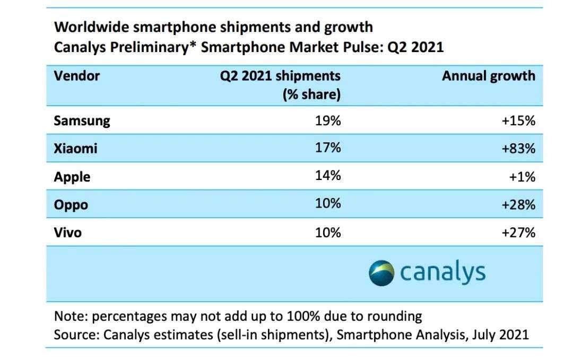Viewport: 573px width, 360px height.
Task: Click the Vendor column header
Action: point(77,76)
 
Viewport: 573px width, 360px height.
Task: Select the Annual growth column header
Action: point(489,76)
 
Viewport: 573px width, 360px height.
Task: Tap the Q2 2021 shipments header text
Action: point(280,76)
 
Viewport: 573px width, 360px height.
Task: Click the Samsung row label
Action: point(82,121)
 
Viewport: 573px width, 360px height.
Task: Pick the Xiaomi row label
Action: point(76,149)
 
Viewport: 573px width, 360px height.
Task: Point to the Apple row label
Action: point(72,177)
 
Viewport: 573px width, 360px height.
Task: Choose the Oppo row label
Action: point(71,204)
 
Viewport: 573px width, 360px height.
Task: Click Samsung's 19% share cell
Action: point(328,121)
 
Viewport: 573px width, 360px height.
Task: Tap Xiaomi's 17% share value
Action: point(328,149)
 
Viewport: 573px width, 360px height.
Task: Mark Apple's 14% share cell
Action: point(328,176)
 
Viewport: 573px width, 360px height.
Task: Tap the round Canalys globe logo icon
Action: point(382,273)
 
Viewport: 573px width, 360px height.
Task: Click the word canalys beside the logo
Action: point(443,273)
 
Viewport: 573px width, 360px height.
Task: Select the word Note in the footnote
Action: point(70,317)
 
